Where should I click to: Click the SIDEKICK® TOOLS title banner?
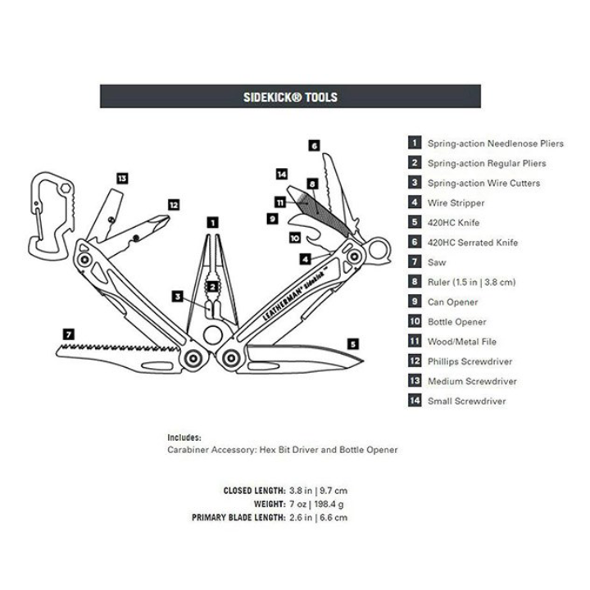click(291, 96)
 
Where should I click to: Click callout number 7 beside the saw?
click(69, 334)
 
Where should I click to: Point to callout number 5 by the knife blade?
click(352, 344)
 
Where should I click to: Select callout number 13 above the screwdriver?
click(122, 178)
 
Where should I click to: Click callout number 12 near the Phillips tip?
click(173, 204)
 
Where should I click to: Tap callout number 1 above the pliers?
click(212, 221)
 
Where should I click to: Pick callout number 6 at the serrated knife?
click(314, 145)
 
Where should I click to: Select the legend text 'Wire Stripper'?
click(456, 203)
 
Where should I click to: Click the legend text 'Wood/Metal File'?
click(461, 342)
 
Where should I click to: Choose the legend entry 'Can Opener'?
click(452, 302)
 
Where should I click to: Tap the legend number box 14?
click(415, 401)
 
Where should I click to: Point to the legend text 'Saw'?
click(437, 262)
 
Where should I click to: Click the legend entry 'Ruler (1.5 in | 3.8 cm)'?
click(471, 282)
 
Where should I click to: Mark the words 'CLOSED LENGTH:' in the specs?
click(254, 490)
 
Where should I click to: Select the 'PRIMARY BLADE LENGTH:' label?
click(238, 517)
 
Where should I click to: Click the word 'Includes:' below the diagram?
click(184, 438)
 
